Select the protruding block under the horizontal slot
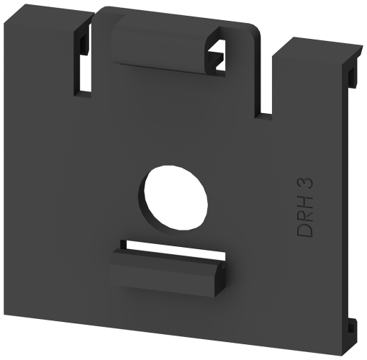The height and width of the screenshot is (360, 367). (x=166, y=272)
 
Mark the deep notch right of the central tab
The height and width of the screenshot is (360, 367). (x=265, y=79)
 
